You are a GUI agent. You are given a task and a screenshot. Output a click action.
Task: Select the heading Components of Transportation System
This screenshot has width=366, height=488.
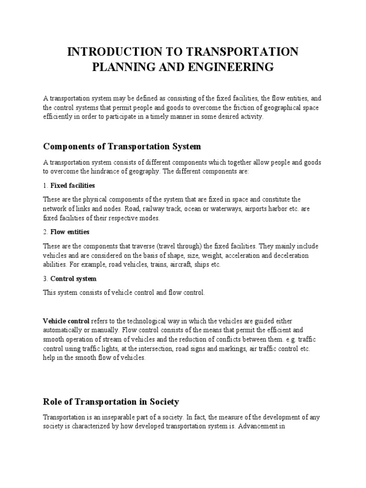point(122,146)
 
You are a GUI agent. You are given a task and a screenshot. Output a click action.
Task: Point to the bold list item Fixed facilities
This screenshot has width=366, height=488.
point(72,185)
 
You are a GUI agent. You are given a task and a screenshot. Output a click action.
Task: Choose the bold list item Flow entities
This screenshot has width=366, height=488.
point(70,232)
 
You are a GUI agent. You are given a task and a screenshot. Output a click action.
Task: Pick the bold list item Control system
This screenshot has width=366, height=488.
point(73,278)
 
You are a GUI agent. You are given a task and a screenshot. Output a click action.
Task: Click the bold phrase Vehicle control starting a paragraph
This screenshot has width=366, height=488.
point(66,321)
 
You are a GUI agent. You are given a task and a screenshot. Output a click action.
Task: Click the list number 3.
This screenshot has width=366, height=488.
point(44,278)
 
